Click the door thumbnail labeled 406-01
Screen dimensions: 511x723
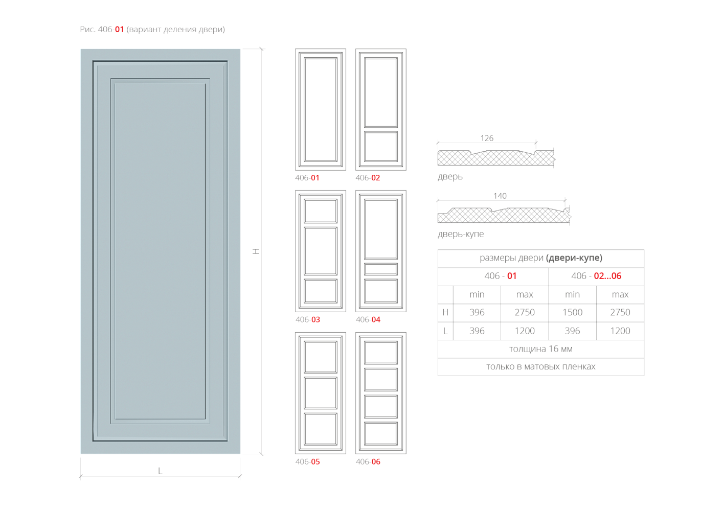pyautogui.click(x=321, y=109)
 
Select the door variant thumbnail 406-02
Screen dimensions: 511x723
pyautogui.click(x=381, y=109)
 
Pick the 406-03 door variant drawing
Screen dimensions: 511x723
pyautogui.click(x=321, y=251)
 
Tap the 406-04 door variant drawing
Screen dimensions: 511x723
pyautogui.click(x=381, y=251)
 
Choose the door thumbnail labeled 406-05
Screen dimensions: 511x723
pyautogui.click(x=321, y=393)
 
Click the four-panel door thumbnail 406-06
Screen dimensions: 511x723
pyautogui.click(x=381, y=393)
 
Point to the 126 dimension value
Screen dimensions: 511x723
pyautogui.click(x=487, y=138)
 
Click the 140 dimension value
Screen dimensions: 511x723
pyautogui.click(x=500, y=196)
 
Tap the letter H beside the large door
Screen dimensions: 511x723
pyautogui.click(x=256, y=251)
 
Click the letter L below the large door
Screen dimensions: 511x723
pyautogui.click(x=160, y=471)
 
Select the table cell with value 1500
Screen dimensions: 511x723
pyautogui.click(x=572, y=312)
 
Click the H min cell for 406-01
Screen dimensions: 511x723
pyautogui.click(x=477, y=312)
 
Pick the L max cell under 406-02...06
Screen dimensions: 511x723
pyautogui.click(x=620, y=331)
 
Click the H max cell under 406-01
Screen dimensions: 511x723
pyautogui.click(x=525, y=312)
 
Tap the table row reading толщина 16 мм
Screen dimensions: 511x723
pyautogui.click(x=540, y=349)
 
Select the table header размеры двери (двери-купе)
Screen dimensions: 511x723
pyautogui.click(x=540, y=258)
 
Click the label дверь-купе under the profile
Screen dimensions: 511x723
pyautogui.click(x=461, y=234)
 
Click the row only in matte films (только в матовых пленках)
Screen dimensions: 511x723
pyautogui.click(x=540, y=367)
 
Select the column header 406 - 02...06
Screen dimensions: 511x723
pyautogui.click(x=596, y=276)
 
